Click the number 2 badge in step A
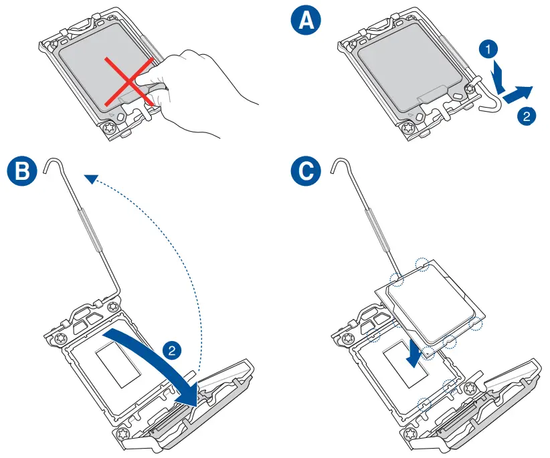(527, 116)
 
